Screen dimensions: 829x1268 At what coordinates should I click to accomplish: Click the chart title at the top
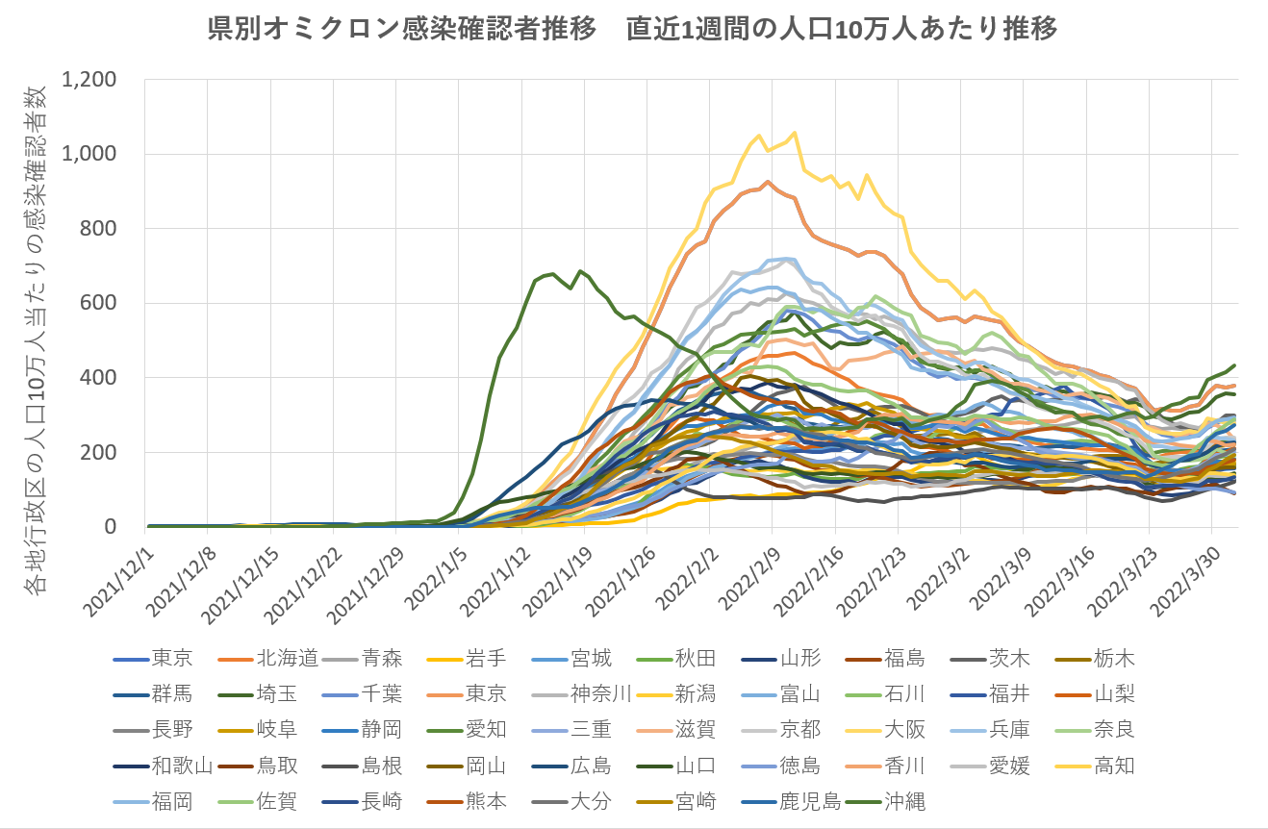(633, 29)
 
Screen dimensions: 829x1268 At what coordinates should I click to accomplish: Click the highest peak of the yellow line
(794, 133)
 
